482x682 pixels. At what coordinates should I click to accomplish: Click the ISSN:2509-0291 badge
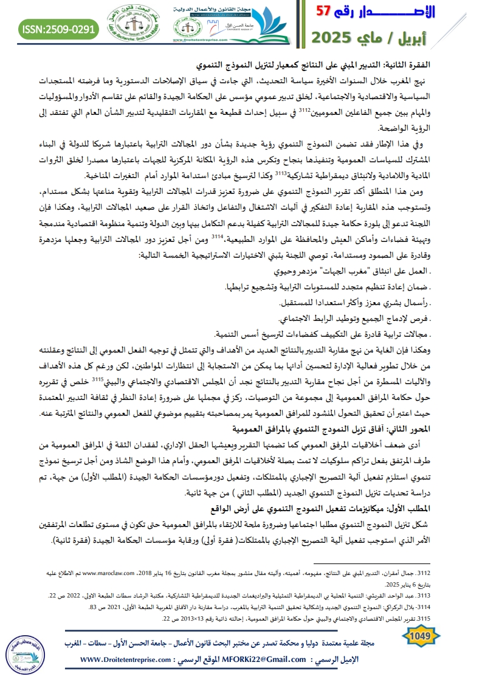pyautogui.click(x=58, y=29)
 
